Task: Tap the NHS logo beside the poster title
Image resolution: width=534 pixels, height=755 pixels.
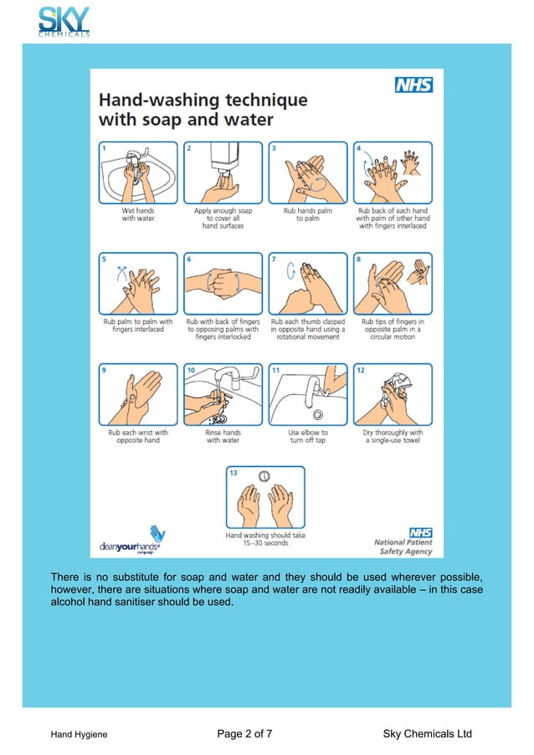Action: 413,85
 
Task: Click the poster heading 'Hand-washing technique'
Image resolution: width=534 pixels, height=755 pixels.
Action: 203,100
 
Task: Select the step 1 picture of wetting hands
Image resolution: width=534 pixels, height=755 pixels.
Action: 138,172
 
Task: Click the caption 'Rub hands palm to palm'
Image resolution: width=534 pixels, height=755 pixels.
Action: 307,215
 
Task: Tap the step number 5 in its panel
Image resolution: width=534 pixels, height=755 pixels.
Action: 105,259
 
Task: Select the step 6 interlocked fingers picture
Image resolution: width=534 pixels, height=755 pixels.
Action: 223,283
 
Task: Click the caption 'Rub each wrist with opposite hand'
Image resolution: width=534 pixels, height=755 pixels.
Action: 138,436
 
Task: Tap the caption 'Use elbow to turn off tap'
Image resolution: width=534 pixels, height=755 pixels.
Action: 307,436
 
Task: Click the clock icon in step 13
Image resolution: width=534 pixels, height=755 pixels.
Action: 264,475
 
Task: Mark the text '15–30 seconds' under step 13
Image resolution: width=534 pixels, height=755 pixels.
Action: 264,543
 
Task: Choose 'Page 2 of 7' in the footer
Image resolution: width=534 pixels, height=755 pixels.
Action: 244,734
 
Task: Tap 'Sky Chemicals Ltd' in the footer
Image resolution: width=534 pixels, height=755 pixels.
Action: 427,734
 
